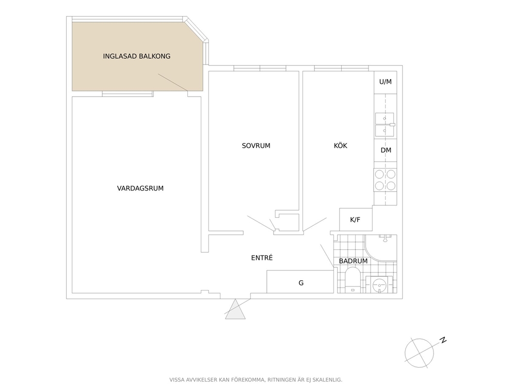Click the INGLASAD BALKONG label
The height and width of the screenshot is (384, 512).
click(x=136, y=56)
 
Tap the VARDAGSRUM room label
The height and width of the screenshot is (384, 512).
click(x=140, y=188)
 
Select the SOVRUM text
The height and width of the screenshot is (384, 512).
click(x=256, y=146)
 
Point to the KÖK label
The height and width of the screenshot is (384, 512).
click(x=340, y=146)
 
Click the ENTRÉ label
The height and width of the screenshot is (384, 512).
click(x=262, y=258)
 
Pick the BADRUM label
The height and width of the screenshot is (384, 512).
click(x=353, y=261)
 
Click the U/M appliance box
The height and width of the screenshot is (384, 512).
click(x=386, y=82)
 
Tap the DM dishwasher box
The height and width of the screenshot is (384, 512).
click(x=386, y=151)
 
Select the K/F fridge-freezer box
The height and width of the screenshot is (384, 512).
click(x=356, y=219)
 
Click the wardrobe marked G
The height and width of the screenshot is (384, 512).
click(x=300, y=282)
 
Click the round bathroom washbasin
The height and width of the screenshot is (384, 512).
click(x=379, y=284)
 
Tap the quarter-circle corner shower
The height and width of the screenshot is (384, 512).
click(x=381, y=248)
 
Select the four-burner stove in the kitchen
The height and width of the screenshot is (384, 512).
click(x=386, y=180)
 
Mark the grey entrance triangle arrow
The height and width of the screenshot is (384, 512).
click(x=235, y=310)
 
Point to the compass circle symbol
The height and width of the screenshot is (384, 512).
click(x=419, y=353)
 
